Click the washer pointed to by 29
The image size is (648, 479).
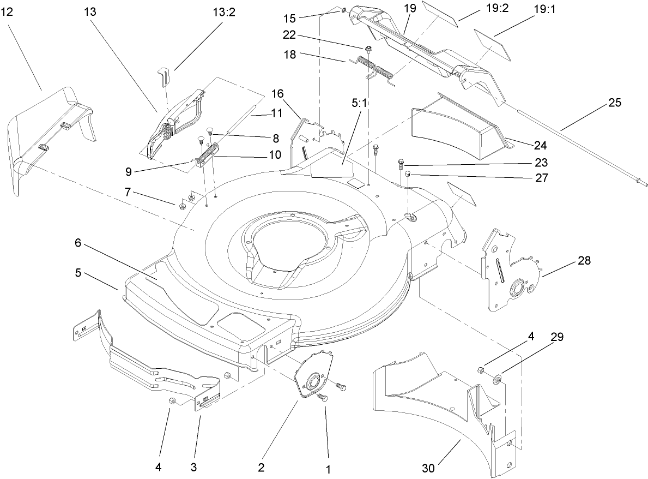point(498,379)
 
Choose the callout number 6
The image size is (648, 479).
point(78,242)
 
